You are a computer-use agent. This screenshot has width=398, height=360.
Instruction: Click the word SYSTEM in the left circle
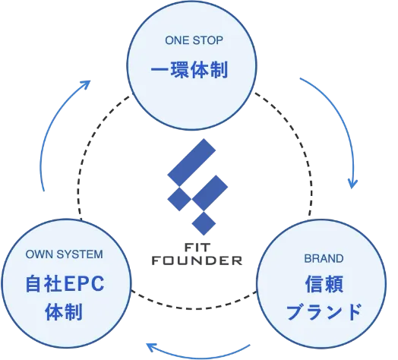81,254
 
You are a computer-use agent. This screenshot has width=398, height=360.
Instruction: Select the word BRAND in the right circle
318,257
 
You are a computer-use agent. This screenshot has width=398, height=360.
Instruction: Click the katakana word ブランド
320,311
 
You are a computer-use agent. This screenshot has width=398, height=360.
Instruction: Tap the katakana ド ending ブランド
347,311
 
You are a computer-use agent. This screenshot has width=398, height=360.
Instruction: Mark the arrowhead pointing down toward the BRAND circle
352,183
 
